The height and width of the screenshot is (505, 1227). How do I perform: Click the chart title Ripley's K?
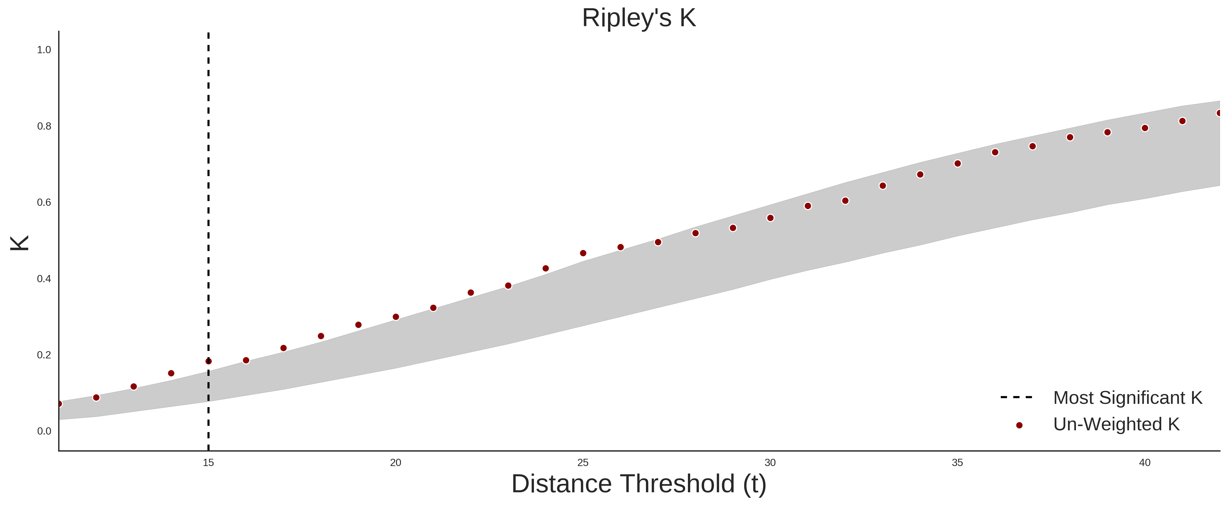[639, 18]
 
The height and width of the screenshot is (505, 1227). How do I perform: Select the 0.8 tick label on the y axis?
[44, 126]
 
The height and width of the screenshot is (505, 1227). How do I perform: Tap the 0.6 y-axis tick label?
[44, 203]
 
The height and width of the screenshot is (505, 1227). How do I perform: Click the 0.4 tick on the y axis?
[44, 279]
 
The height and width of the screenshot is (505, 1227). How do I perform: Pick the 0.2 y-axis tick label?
[44, 355]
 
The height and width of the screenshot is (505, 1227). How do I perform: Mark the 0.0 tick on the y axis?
[44, 431]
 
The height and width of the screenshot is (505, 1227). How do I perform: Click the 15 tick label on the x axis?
[208, 463]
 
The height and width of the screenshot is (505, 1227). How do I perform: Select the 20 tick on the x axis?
[395, 463]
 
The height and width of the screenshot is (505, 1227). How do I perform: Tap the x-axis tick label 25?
[583, 463]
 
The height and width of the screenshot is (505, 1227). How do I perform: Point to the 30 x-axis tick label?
[770, 463]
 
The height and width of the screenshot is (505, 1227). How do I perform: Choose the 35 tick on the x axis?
[957, 463]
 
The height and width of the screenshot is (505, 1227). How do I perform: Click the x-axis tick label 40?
[1145, 463]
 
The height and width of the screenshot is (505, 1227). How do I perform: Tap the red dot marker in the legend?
[1019, 425]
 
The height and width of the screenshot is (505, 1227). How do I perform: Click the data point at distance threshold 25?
[583, 253]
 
